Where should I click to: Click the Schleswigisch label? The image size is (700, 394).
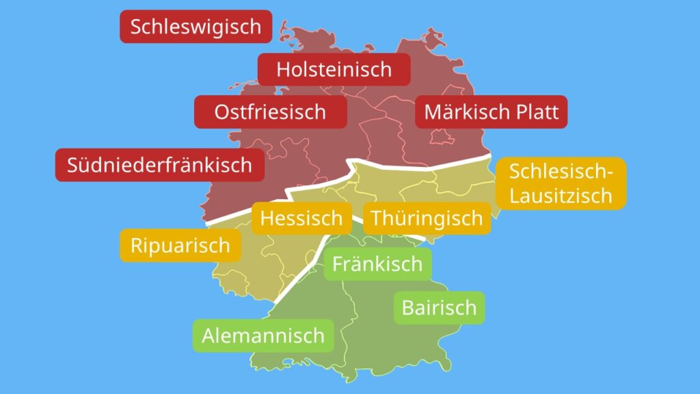tap(196, 27)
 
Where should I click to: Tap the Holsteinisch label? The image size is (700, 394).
tap(334, 69)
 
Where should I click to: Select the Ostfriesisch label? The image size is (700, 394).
tap(270, 111)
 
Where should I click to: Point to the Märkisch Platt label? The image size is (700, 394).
tap(491, 111)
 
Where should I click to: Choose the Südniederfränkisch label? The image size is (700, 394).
tap(159, 165)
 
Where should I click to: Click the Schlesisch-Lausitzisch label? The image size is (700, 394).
tap(560, 183)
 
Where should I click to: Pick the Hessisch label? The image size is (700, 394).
tap(301, 218)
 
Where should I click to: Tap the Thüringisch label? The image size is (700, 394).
tap(427, 219)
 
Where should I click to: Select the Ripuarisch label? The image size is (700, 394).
tap(180, 246)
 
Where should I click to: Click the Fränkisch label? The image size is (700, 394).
tap(377, 264)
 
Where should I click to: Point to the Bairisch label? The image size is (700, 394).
tap(439, 308)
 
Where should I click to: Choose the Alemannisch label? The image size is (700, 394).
tap(262, 336)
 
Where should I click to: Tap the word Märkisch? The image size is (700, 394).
tap(465, 111)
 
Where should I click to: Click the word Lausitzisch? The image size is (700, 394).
tap(561, 196)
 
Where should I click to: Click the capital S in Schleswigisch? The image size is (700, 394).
tap(136, 27)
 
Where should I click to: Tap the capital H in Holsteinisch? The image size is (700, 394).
tap(283, 69)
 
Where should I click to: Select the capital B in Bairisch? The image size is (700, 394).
tap(408, 308)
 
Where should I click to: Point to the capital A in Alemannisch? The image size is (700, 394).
tap(208, 336)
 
